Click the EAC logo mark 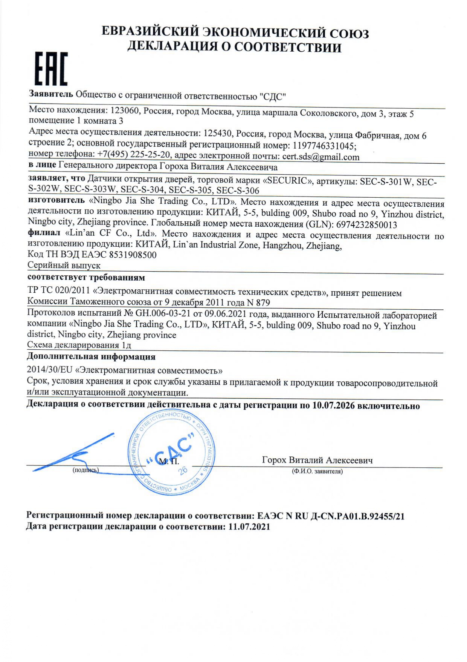point(51,69)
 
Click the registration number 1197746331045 point(324,146)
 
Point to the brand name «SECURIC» point(290,181)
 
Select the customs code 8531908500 point(133,255)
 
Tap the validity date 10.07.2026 point(334,405)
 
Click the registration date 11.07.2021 point(249,527)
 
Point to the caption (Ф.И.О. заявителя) point(317,472)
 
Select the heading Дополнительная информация point(91,356)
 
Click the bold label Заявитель point(51,94)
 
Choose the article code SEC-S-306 point(238,191)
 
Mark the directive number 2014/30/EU point(49,370)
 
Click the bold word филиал point(44,233)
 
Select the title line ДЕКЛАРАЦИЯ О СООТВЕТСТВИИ point(234,48)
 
